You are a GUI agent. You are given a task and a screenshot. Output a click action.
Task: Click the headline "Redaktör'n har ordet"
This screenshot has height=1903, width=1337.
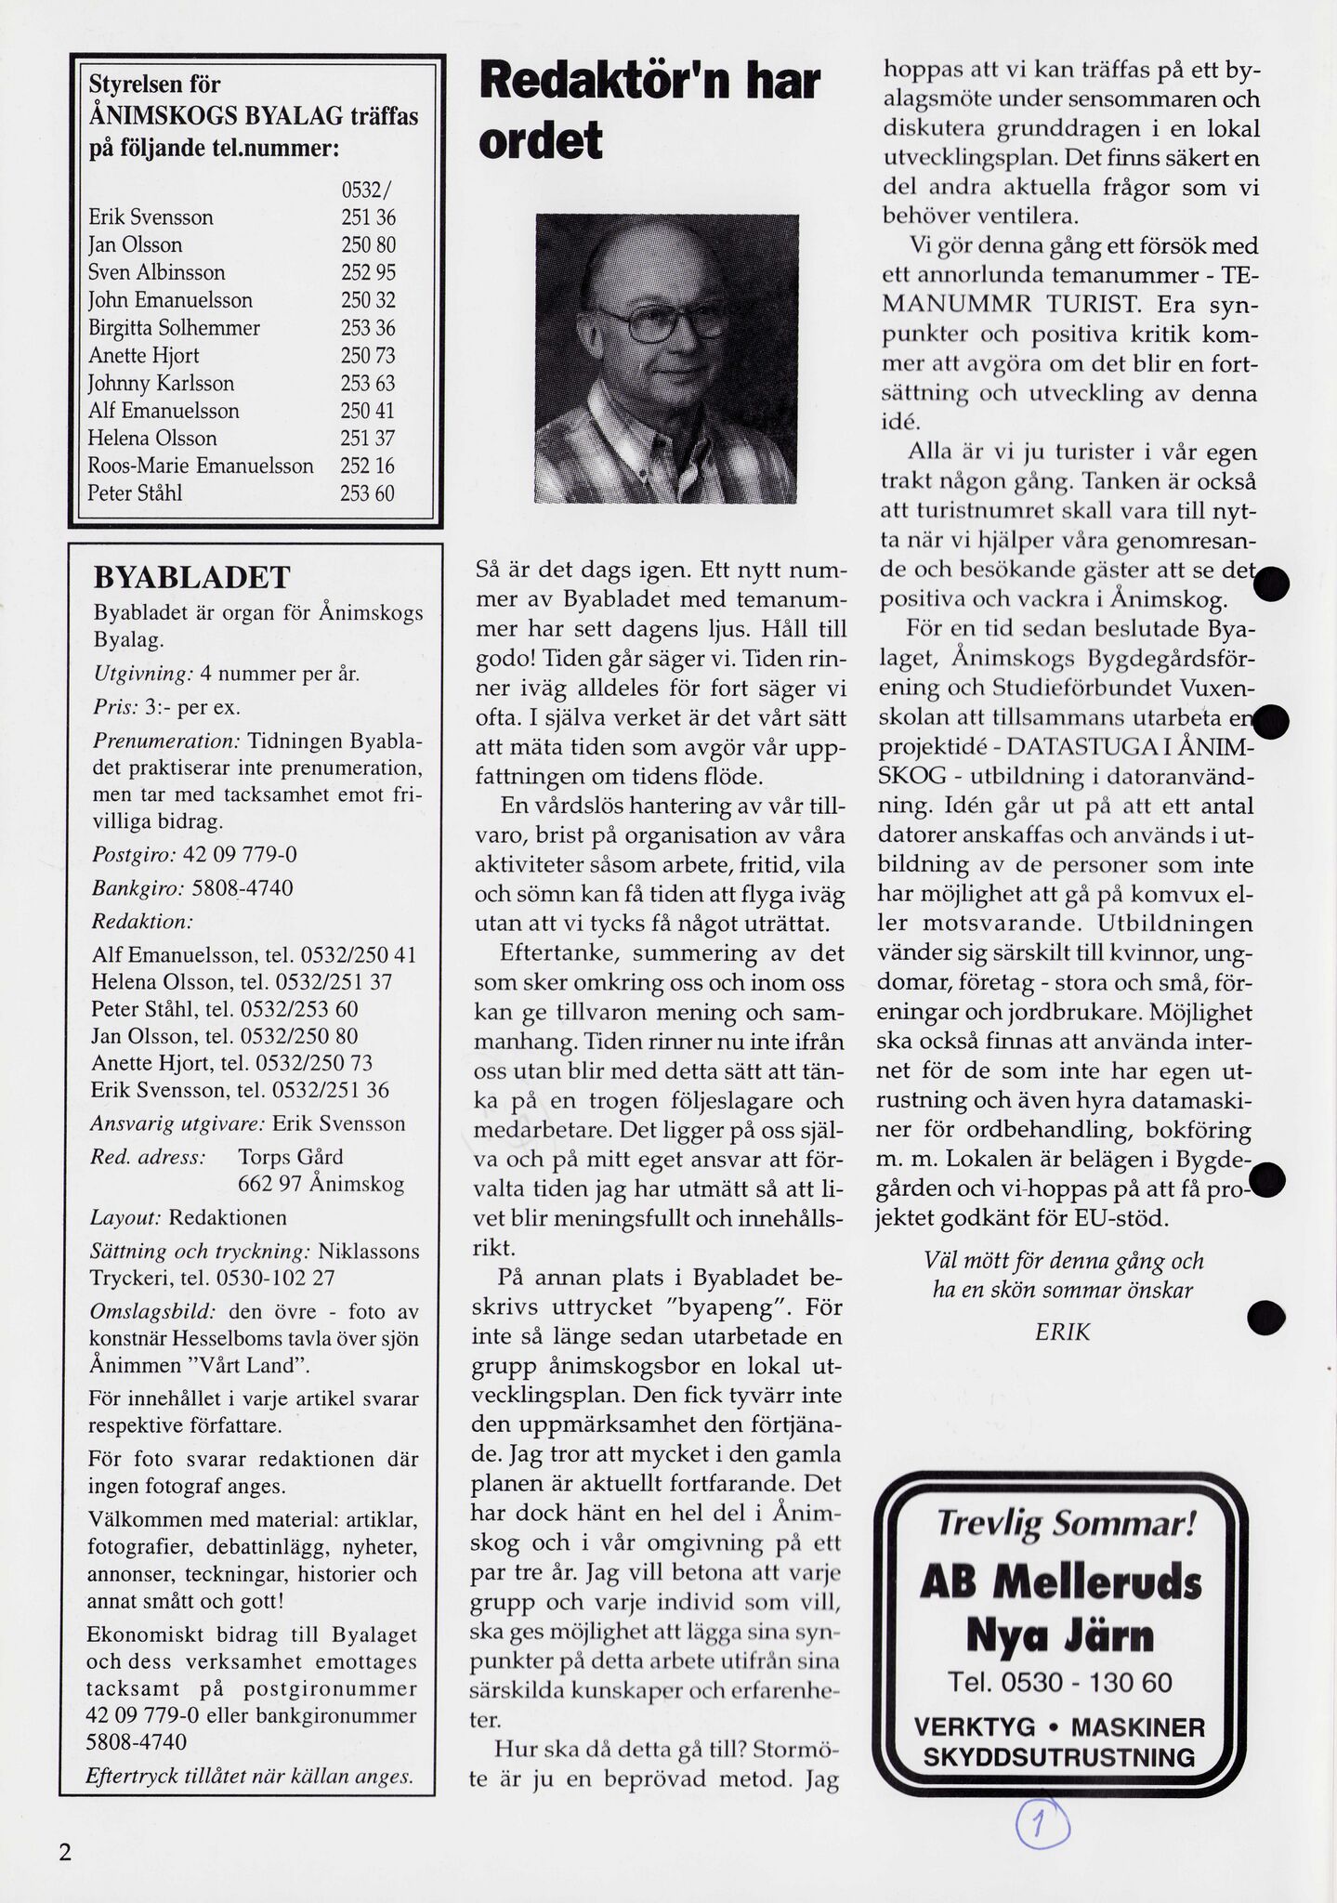click(649, 110)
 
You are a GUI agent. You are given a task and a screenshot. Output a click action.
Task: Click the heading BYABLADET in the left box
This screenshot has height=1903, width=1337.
click(192, 578)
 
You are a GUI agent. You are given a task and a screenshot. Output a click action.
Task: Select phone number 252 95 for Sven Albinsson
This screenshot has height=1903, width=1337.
click(367, 273)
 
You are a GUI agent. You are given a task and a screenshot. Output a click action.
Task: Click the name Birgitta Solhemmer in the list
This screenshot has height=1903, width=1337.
click(174, 328)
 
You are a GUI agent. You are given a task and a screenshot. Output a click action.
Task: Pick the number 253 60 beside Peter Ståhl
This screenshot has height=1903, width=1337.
click(367, 493)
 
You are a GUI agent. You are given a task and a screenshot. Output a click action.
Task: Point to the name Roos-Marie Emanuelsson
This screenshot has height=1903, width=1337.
click(201, 466)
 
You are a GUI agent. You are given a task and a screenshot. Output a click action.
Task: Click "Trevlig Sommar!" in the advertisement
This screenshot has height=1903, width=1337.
click(1066, 1524)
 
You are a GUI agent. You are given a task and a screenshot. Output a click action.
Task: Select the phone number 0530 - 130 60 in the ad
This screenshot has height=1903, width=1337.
click(1060, 1682)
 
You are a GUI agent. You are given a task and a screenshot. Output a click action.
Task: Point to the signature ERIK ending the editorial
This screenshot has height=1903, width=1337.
click(1062, 1332)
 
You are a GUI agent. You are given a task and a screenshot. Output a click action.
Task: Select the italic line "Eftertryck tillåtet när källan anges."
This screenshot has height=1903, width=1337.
click(248, 1776)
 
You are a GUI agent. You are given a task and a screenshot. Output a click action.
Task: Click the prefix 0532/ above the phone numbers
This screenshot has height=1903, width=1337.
click(367, 190)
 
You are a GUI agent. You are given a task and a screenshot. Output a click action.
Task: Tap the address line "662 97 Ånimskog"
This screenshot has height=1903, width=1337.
click(321, 1185)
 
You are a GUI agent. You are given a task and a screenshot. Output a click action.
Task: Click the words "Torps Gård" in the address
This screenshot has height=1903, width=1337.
click(290, 1157)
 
